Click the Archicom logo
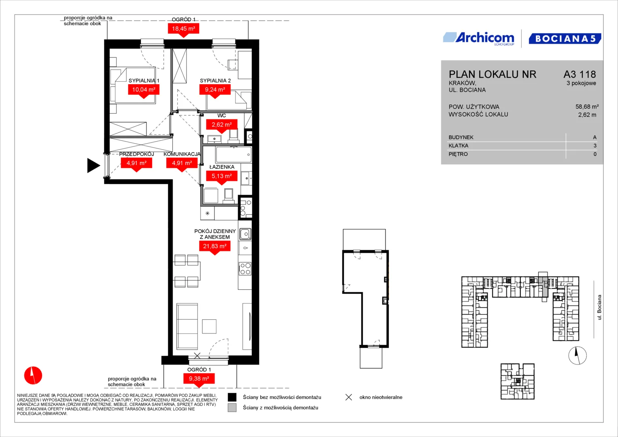tap(479, 38)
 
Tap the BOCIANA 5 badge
tap(565, 38)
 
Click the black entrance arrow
tap(93, 165)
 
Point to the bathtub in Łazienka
tap(234, 155)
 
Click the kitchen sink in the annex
tap(245, 234)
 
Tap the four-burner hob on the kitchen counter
tap(245, 269)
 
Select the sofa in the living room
tap(187, 327)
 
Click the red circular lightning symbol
tap(33, 375)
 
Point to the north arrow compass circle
tap(578, 355)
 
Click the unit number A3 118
tap(580, 74)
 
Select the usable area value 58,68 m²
tap(587, 106)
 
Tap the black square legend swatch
tap(232, 397)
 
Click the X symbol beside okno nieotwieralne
tap(349, 397)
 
